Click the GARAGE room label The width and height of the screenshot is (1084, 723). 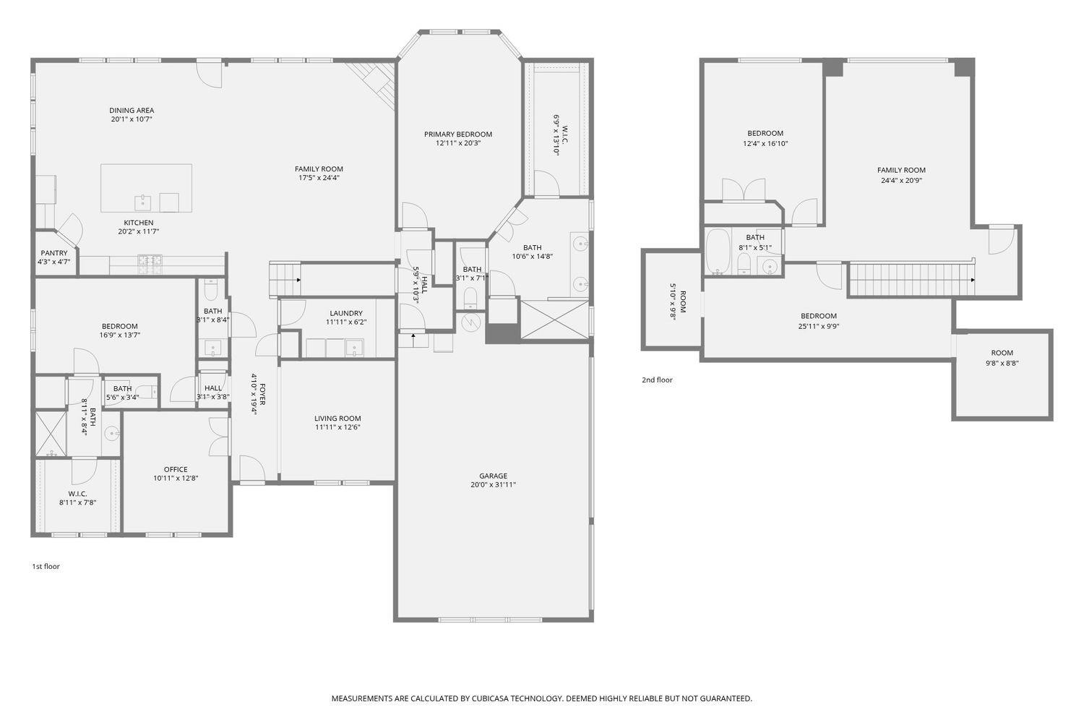point(493,476)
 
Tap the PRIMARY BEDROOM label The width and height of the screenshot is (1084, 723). point(457,134)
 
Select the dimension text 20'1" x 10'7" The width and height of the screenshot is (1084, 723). point(132,119)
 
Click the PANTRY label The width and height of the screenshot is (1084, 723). point(54,253)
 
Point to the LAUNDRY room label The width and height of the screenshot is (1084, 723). point(346,313)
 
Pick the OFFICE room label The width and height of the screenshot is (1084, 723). point(176,469)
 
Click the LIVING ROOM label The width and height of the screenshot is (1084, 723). point(337,419)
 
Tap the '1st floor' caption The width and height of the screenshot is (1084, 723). point(46,566)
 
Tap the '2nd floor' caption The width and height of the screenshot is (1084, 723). point(657,380)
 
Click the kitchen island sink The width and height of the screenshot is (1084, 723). point(143,202)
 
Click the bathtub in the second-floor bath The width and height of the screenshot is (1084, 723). point(717,252)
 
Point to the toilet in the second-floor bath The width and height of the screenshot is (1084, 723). point(744,264)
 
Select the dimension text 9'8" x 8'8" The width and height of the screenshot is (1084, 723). point(1002,363)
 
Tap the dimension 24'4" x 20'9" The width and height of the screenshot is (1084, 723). point(901,181)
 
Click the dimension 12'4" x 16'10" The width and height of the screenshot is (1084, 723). point(765,143)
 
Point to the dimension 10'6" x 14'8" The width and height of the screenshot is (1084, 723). point(533,257)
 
